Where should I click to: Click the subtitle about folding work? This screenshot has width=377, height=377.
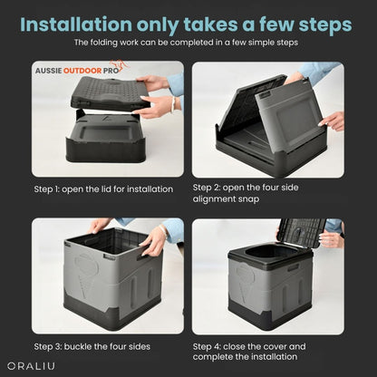click(188, 43)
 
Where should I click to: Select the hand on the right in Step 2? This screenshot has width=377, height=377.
click(332, 119)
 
